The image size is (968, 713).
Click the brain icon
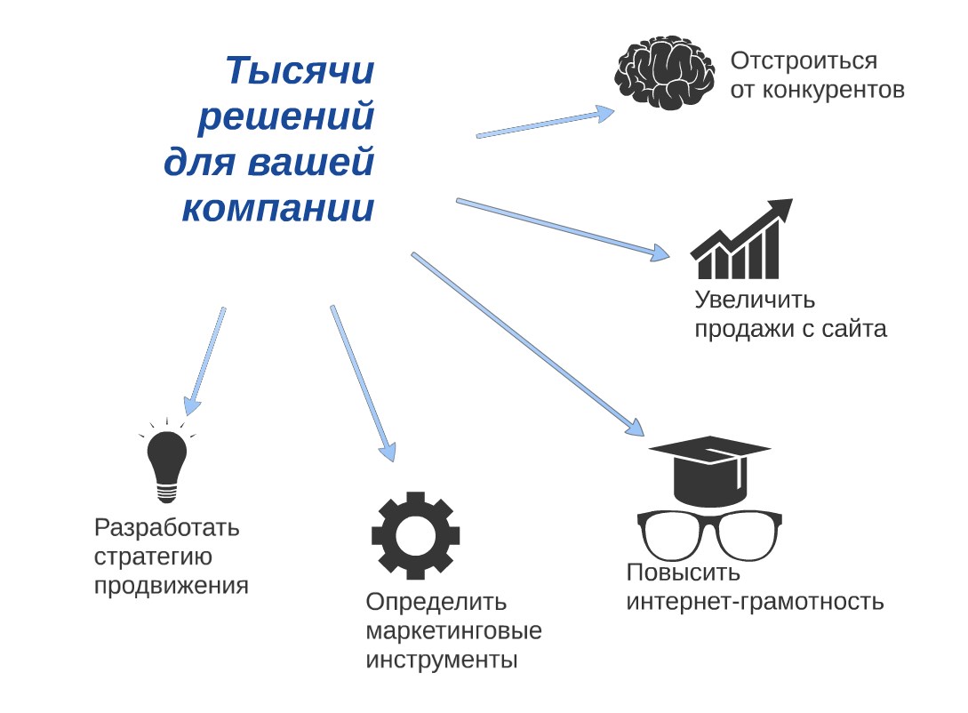(x=665, y=73)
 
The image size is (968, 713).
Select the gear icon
(x=415, y=535)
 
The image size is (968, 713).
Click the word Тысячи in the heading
(x=300, y=70)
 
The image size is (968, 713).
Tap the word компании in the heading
(x=278, y=209)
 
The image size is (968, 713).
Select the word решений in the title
(x=286, y=116)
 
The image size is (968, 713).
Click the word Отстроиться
(x=804, y=61)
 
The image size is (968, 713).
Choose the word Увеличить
(x=755, y=300)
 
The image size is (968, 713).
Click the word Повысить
(x=684, y=573)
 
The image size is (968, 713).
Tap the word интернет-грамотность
(x=755, y=601)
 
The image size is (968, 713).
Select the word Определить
(x=436, y=602)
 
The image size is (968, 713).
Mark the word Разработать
(x=167, y=528)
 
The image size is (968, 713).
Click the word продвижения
(x=171, y=586)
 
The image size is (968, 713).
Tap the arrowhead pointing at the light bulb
(x=192, y=405)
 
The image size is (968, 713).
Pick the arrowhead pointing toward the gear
(x=388, y=452)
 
